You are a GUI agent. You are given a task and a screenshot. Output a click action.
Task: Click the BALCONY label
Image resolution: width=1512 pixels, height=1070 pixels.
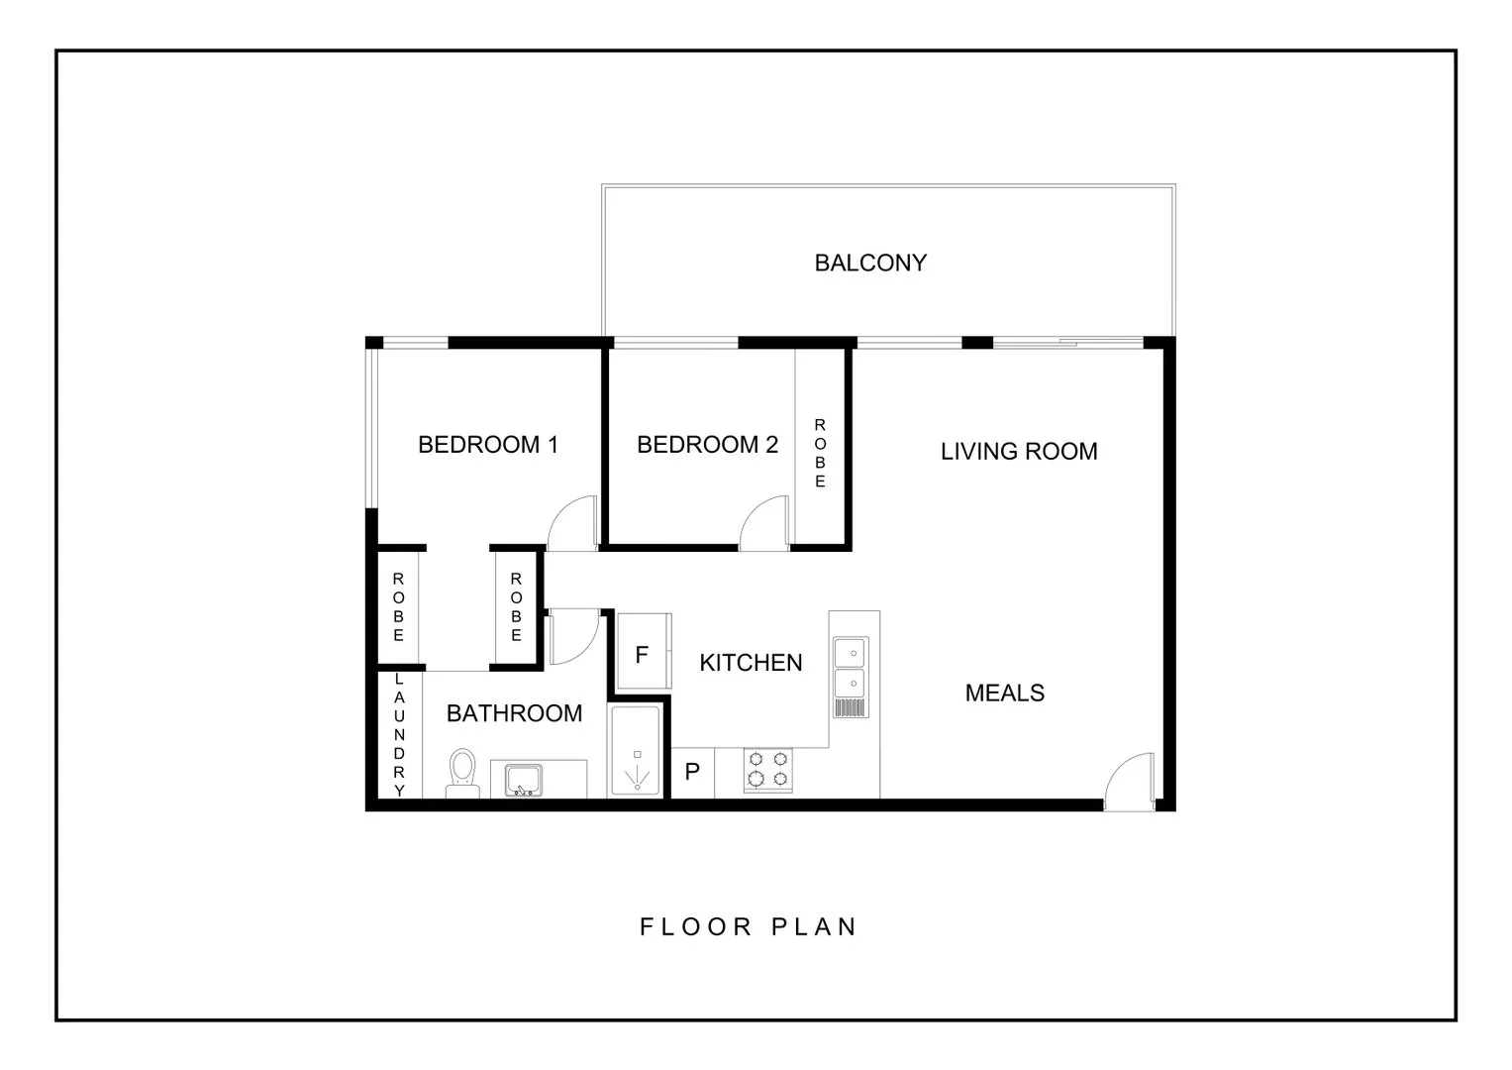pyautogui.click(x=870, y=263)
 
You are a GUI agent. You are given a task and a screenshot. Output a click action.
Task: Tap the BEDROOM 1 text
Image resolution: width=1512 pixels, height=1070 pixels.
pyautogui.click(x=488, y=445)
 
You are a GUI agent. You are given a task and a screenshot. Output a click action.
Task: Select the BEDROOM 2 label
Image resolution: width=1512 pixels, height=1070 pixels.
pyautogui.click(x=707, y=445)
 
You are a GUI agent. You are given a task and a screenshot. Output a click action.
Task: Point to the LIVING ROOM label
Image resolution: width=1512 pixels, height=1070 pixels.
pyautogui.click(x=1019, y=452)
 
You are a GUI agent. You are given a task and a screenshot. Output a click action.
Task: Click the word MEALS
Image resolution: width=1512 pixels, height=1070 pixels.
pyautogui.click(x=1004, y=693)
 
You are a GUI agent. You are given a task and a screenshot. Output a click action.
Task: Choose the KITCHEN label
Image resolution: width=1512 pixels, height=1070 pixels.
pyautogui.click(x=751, y=663)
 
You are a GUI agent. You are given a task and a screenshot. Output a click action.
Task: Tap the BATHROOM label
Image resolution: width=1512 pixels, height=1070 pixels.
pyautogui.click(x=514, y=713)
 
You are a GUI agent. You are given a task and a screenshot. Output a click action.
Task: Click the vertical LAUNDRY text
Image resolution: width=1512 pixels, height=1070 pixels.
pyautogui.click(x=400, y=734)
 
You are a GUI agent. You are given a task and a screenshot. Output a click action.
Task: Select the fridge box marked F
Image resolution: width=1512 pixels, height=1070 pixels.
pyautogui.click(x=643, y=653)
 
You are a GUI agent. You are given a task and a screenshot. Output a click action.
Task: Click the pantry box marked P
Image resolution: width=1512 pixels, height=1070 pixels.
pyautogui.click(x=693, y=773)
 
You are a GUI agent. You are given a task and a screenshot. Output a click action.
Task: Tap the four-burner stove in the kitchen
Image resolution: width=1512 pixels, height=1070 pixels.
pyautogui.click(x=768, y=771)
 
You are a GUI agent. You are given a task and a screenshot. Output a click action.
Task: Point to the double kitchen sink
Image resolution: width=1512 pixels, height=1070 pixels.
pyautogui.click(x=849, y=669)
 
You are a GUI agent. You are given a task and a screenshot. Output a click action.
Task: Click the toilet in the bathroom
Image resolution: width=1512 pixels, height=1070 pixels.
pyautogui.click(x=462, y=773)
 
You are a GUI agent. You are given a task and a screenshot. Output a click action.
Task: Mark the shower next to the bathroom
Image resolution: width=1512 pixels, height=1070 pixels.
pyautogui.click(x=636, y=752)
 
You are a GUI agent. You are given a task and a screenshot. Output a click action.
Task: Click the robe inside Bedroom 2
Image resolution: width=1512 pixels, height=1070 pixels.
pyautogui.click(x=820, y=452)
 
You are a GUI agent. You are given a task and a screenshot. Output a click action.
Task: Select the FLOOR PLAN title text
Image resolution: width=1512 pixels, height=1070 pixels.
pyautogui.click(x=749, y=927)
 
